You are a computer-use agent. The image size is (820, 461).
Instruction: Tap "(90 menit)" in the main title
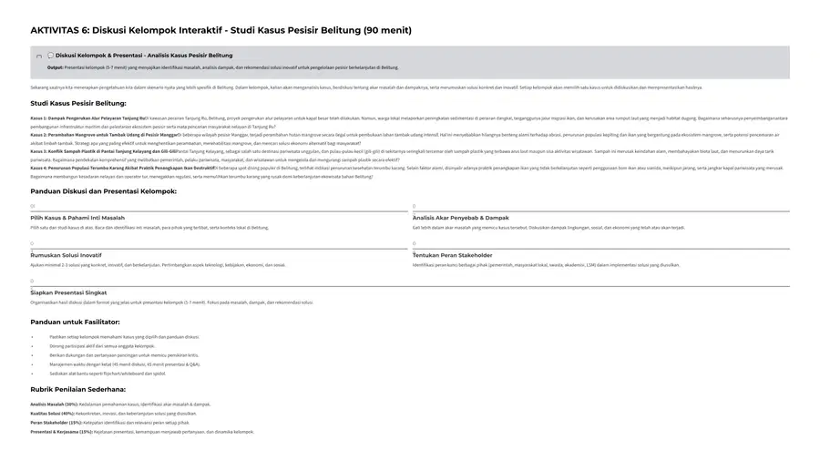tap(387, 30)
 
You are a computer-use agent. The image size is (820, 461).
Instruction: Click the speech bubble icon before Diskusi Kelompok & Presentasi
tap(50, 56)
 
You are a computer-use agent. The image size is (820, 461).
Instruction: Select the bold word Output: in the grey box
tap(56, 67)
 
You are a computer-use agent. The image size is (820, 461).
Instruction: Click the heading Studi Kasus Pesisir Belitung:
tap(78, 103)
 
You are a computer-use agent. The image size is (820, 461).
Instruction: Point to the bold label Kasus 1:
tap(38, 118)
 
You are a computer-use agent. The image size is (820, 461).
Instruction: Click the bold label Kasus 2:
tap(38, 134)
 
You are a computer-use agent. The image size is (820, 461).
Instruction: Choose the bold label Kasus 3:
tap(38, 151)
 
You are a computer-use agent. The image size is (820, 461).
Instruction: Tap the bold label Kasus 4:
tap(38, 168)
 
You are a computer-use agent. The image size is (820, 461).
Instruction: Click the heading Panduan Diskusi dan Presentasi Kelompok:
tap(103, 191)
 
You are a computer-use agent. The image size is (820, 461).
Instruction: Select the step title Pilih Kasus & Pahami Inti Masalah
tap(77, 218)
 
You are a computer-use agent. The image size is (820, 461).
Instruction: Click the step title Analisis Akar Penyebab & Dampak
tap(460, 218)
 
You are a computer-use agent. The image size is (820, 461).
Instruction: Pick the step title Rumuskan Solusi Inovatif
tap(67, 255)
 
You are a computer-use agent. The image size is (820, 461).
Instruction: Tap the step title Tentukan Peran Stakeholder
tap(452, 255)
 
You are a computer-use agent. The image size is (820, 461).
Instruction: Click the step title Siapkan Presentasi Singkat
tap(68, 292)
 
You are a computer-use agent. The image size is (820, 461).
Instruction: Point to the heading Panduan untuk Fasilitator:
tap(75, 322)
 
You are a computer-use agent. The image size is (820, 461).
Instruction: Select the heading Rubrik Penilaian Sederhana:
tap(77, 389)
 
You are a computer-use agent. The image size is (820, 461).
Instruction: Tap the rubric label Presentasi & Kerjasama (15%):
tap(61, 432)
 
